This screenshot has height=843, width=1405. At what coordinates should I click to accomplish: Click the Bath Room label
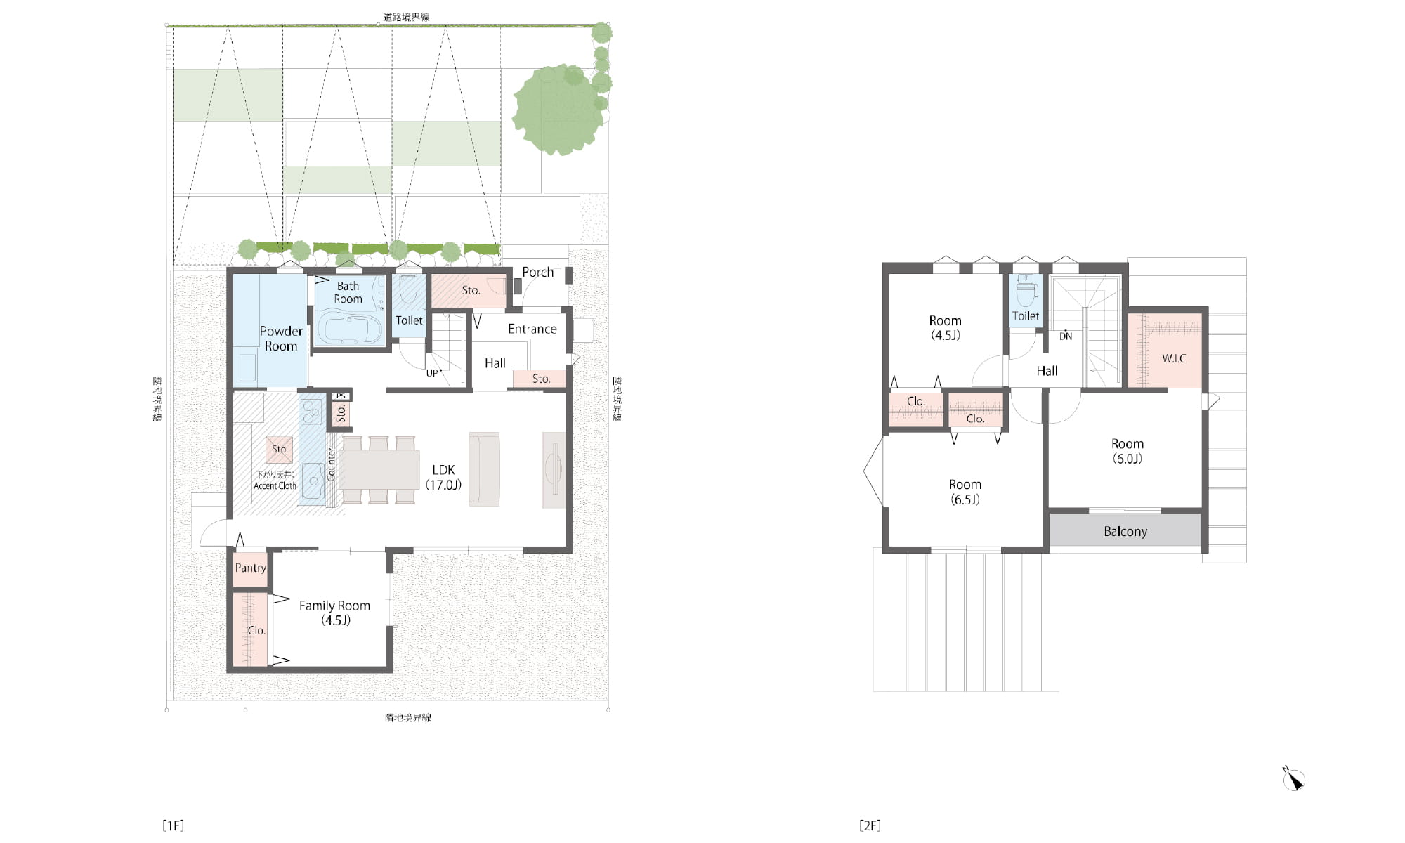click(348, 292)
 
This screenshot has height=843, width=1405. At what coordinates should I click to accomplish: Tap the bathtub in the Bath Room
click(350, 327)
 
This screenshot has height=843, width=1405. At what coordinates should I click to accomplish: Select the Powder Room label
click(281, 338)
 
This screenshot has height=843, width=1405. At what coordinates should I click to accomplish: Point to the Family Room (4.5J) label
click(334, 613)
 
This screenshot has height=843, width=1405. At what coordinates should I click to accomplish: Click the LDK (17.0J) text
click(443, 477)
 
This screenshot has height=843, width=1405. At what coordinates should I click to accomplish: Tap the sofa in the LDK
click(484, 469)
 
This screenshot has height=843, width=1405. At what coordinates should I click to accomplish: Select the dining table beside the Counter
click(379, 469)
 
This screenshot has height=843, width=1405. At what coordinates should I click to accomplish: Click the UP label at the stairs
click(432, 373)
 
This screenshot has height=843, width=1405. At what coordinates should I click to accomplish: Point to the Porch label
click(537, 272)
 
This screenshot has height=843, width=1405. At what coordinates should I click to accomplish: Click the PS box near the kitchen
click(341, 396)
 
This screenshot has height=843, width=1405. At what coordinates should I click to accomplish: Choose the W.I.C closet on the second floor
click(1165, 350)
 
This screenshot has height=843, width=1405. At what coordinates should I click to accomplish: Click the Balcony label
click(1125, 532)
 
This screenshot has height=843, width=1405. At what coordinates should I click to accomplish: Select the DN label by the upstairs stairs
click(1066, 336)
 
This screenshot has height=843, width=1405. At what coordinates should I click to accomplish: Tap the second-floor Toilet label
click(1026, 316)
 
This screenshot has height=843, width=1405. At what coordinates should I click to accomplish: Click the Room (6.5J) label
click(965, 492)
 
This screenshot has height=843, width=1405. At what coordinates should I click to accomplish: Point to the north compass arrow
click(1294, 780)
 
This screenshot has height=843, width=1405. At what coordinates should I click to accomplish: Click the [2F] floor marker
click(870, 825)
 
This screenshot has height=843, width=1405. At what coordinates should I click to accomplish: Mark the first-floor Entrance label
click(532, 329)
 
